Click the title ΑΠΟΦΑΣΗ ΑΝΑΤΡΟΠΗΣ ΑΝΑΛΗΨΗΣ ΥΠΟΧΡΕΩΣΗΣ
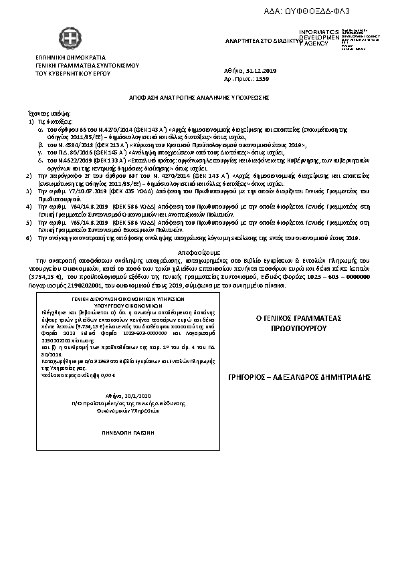pos(199,97)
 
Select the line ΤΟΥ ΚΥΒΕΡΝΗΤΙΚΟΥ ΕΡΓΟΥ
pos(70,74)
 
